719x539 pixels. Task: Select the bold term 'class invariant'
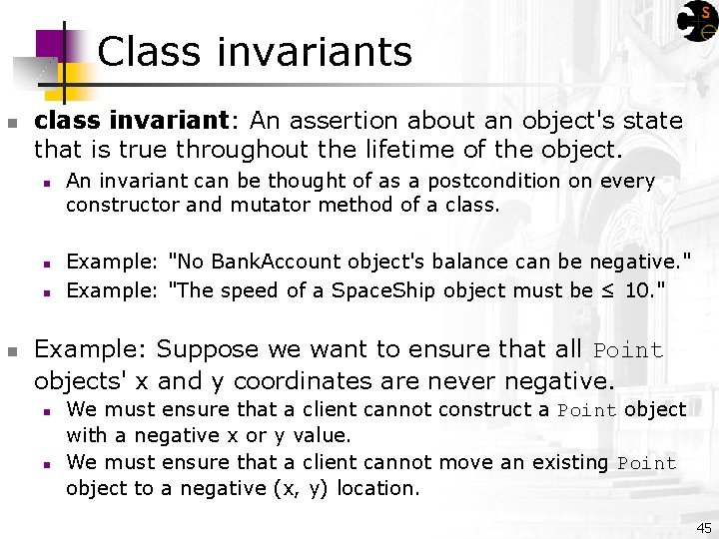coord(132,122)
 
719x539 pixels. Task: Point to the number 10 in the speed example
coord(637,291)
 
